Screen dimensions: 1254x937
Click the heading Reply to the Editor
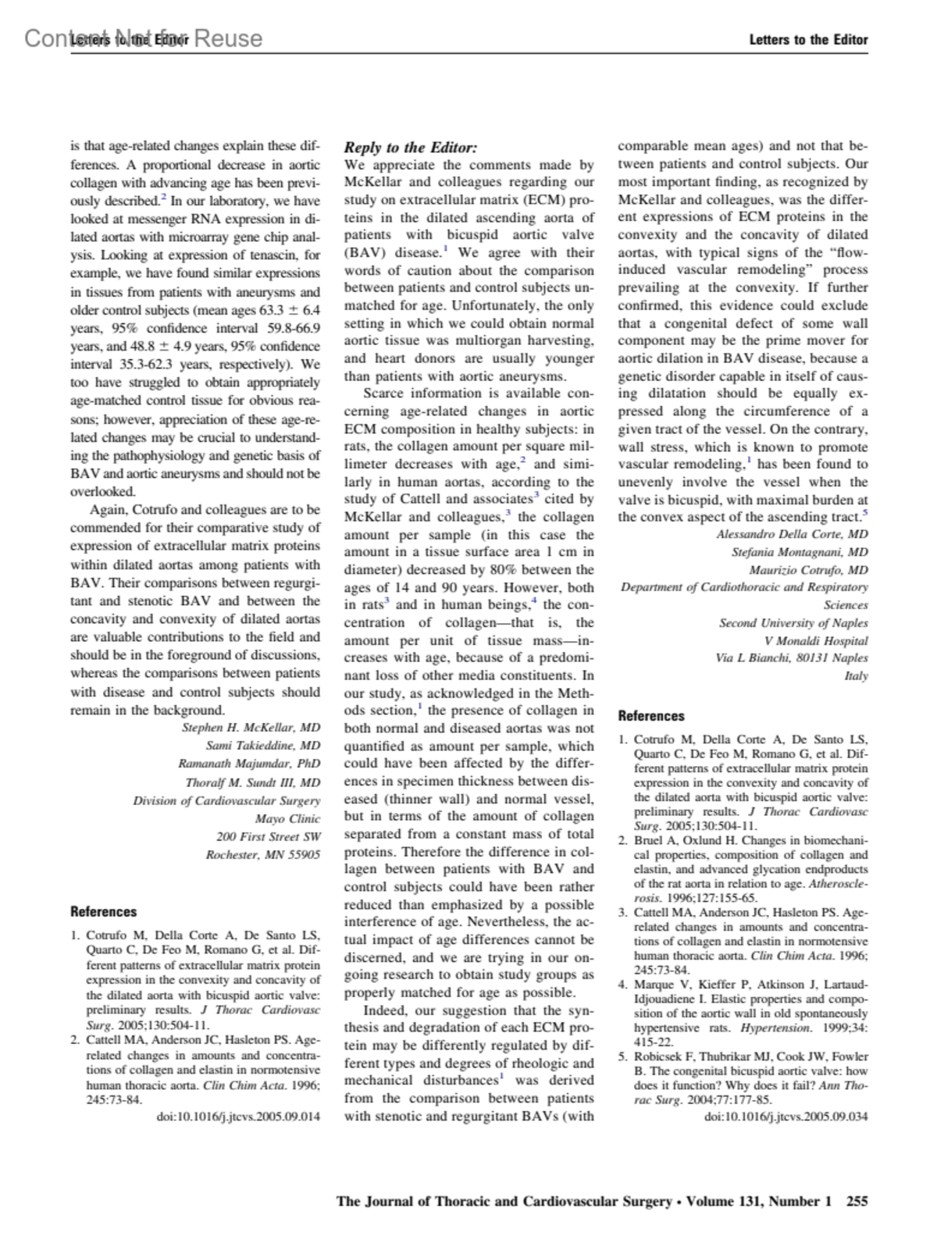click(411, 148)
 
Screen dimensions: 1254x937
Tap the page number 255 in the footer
click(857, 1201)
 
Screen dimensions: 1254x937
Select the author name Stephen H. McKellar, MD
click(251, 728)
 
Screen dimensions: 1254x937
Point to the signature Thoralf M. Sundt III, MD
click(252, 782)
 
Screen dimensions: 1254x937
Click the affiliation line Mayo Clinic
click(287, 818)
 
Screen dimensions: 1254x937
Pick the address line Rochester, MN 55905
click(262, 855)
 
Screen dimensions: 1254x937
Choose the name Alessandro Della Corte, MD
click(792, 534)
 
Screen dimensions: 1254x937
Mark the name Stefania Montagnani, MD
click(799, 552)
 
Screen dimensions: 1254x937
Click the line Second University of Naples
click(793, 622)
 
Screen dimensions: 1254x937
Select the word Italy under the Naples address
click(856, 675)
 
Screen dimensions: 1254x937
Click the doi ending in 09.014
click(238, 1116)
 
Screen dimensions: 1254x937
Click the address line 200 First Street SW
click(268, 836)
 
